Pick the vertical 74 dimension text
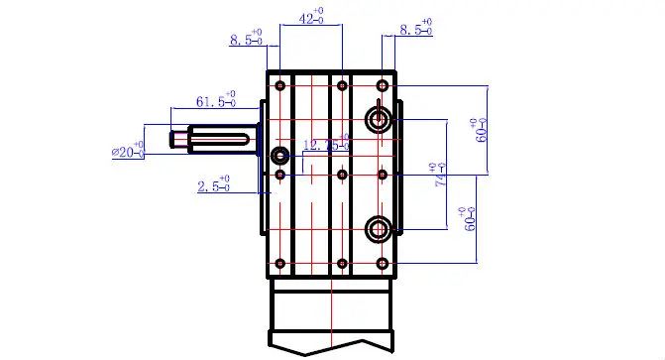437,176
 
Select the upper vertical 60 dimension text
479,130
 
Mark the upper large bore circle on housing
379,120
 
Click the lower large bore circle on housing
379,230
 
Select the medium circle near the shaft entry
280,155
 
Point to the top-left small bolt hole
280,86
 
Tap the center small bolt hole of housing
341,176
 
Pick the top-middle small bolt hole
341,86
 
